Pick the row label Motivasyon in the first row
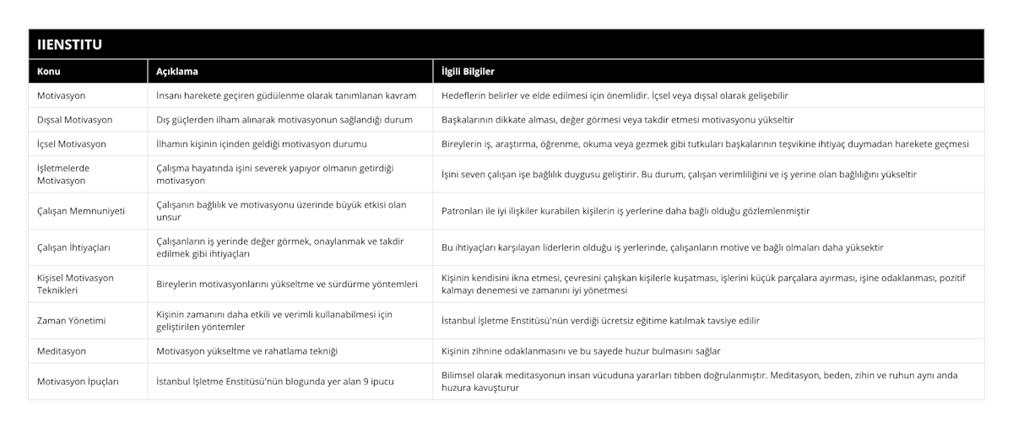61,96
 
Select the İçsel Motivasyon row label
72,144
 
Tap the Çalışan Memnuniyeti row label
81,211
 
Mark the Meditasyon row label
61,350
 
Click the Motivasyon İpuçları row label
78,382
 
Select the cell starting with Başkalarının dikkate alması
616,120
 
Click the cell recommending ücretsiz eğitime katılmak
600,321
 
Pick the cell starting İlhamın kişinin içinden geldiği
262,144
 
